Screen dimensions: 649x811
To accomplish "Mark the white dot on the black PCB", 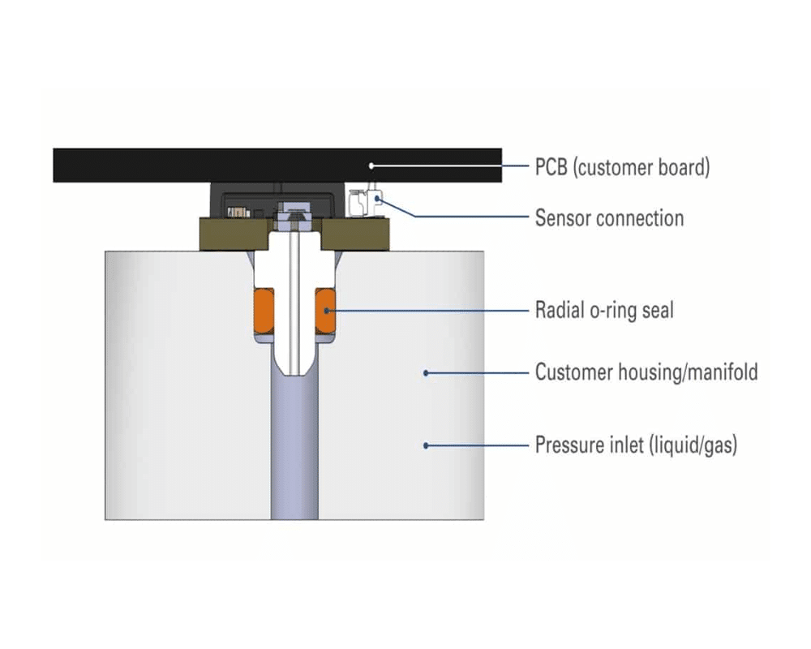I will tap(372, 166).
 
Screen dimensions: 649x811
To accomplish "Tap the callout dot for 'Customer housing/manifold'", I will tap(426, 373).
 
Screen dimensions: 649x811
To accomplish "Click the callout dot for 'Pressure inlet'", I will tap(426, 445).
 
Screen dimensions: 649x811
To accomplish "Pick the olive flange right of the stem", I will tap(357, 234).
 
